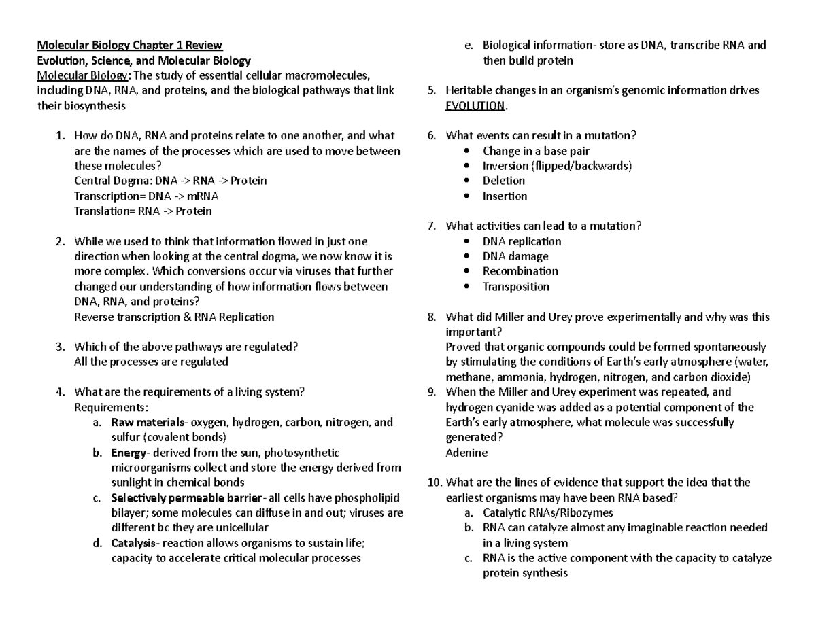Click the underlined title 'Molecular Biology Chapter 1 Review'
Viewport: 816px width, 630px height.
(x=129, y=46)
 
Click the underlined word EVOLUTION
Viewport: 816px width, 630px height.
(x=475, y=105)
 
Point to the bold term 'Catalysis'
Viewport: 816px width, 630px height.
(x=133, y=543)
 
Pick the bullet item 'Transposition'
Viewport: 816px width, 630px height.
(x=515, y=286)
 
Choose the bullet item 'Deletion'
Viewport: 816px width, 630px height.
(x=503, y=181)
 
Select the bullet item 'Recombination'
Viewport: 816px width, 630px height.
(x=520, y=271)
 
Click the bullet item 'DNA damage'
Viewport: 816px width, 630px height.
(x=515, y=256)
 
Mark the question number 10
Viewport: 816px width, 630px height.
(x=433, y=483)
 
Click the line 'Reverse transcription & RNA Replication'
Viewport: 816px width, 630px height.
(x=173, y=317)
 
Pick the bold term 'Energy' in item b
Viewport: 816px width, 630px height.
(x=128, y=453)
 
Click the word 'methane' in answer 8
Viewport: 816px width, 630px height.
(x=467, y=377)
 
